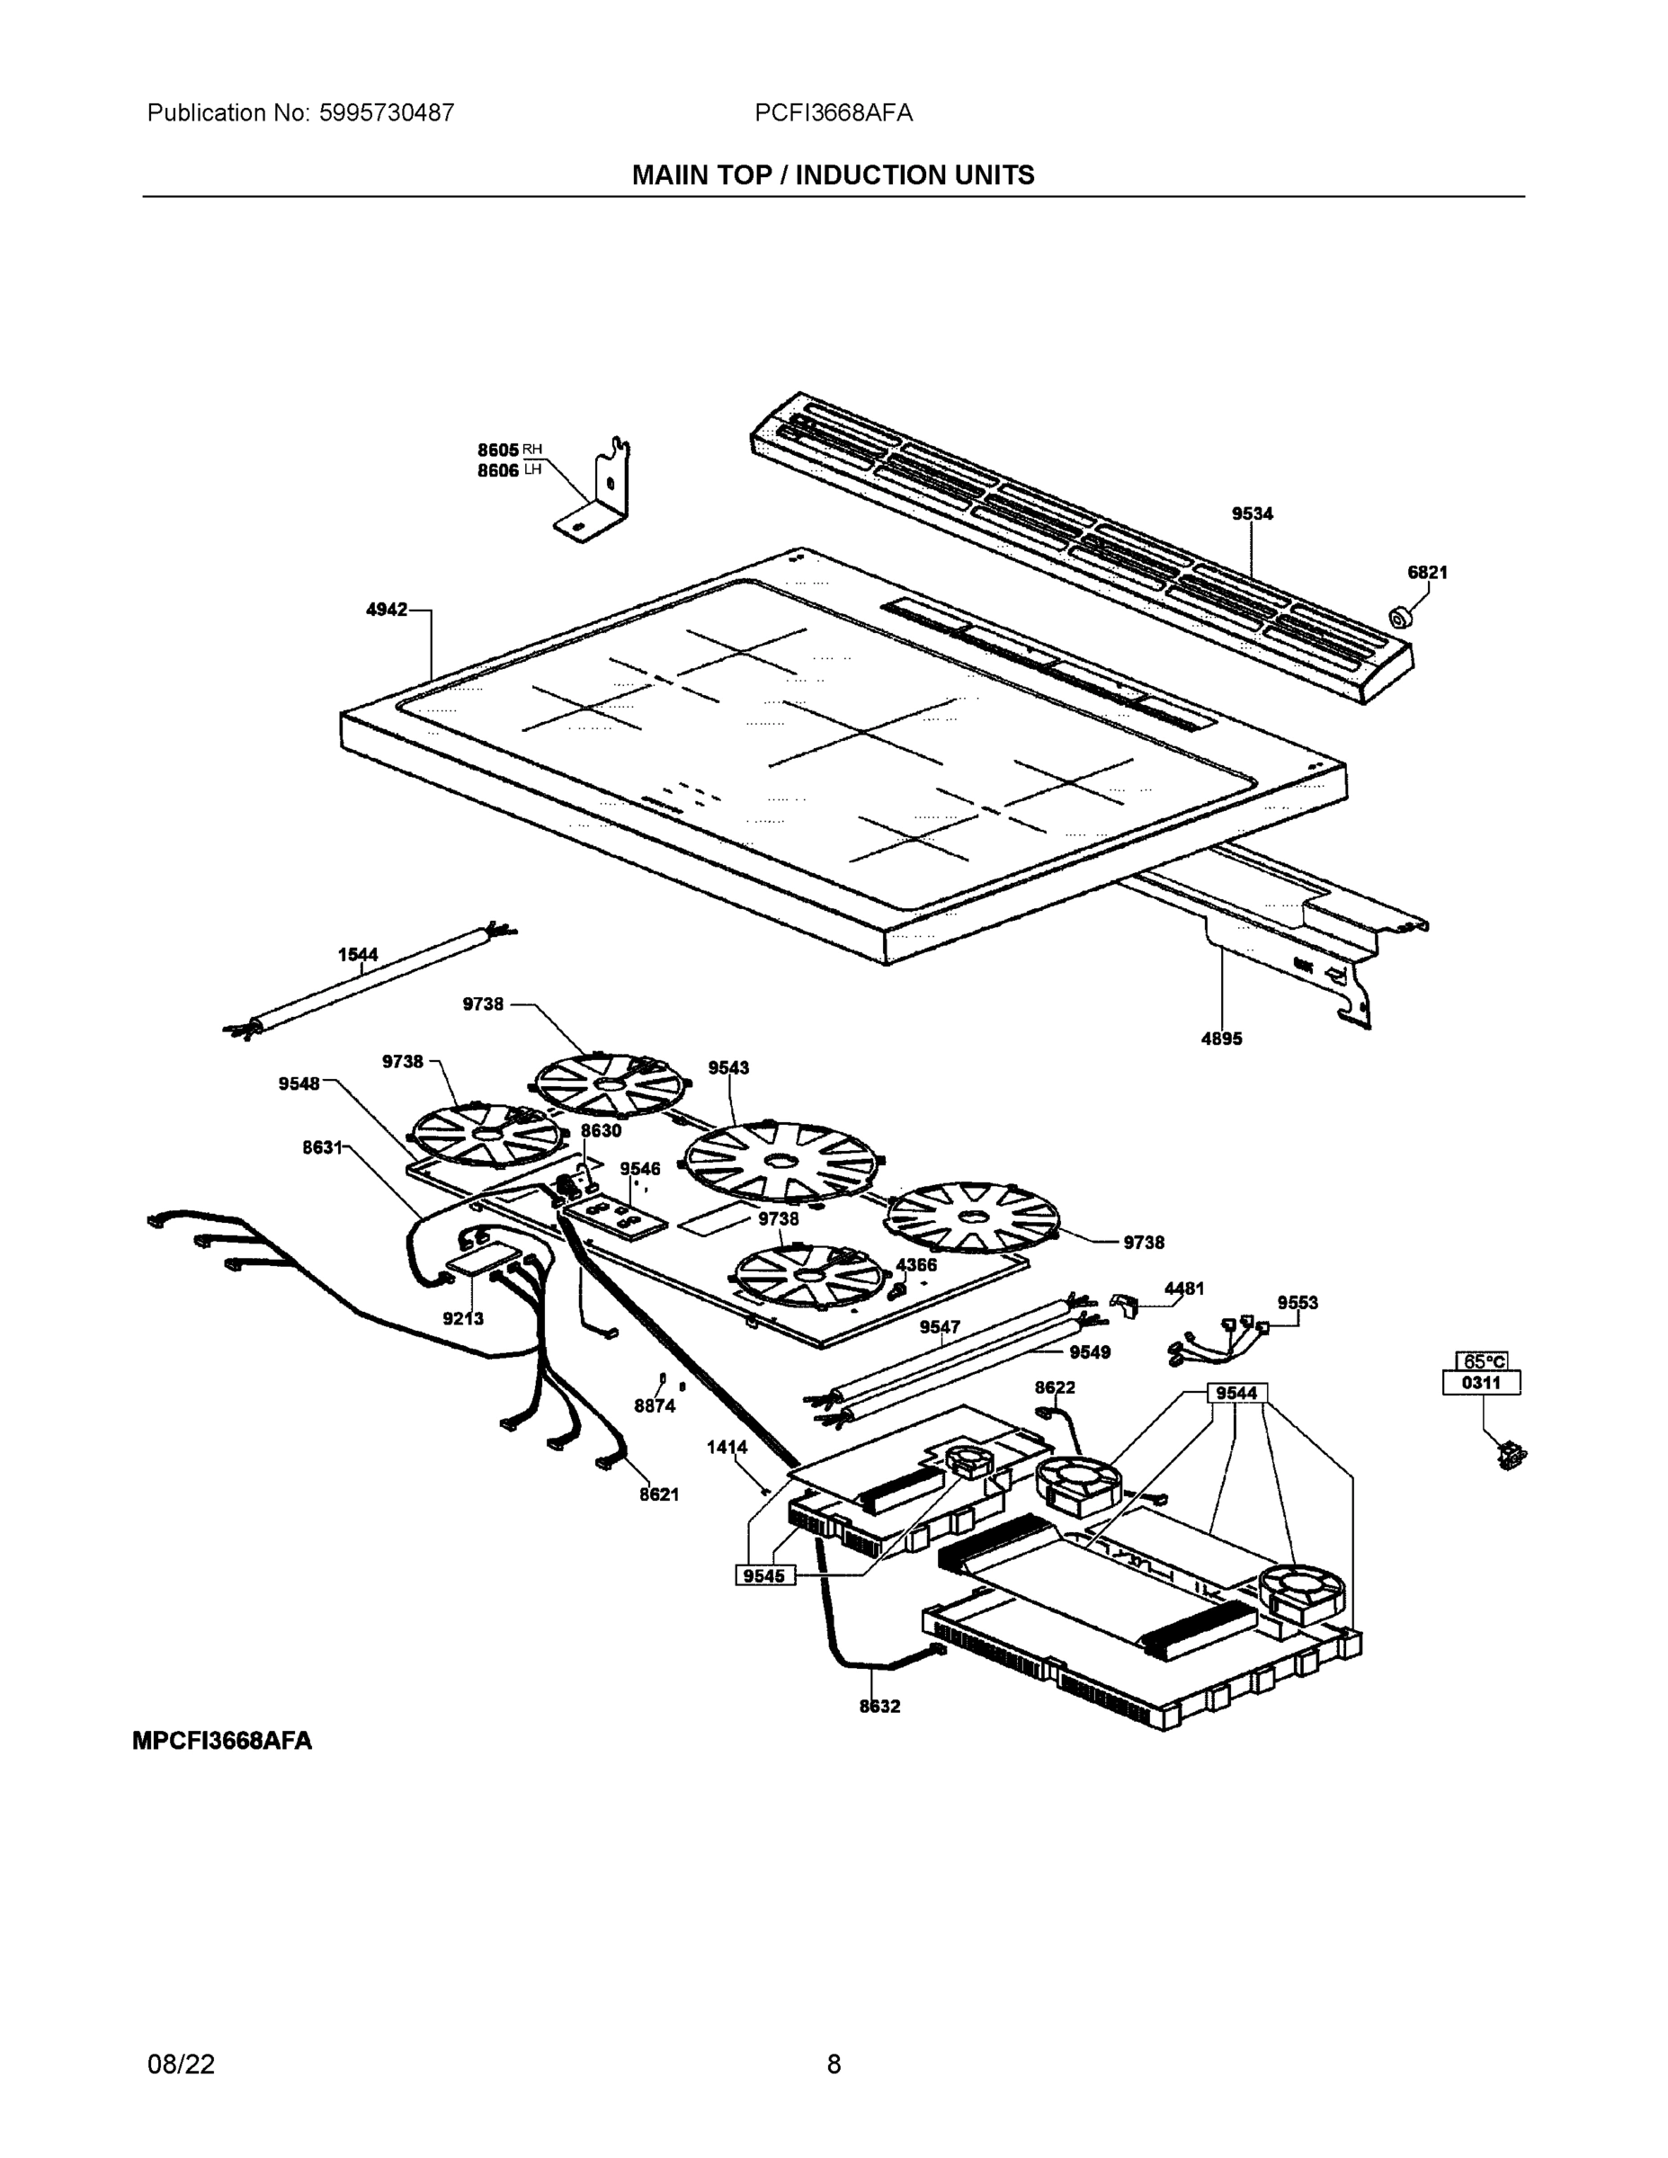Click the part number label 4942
(x=387, y=611)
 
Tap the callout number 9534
(x=1252, y=513)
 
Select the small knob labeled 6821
(x=1399, y=620)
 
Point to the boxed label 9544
(x=1236, y=1393)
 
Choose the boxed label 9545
(x=763, y=1575)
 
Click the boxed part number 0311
(x=1480, y=1382)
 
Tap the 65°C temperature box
(x=1481, y=1361)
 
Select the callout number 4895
(x=1221, y=1039)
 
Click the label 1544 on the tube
(x=358, y=955)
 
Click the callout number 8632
(x=879, y=1706)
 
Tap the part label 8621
(x=659, y=1494)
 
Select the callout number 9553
(x=1297, y=1302)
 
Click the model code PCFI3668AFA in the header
(x=833, y=113)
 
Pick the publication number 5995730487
(x=387, y=113)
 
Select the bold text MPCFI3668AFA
(x=222, y=1740)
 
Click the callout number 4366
(x=916, y=1265)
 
